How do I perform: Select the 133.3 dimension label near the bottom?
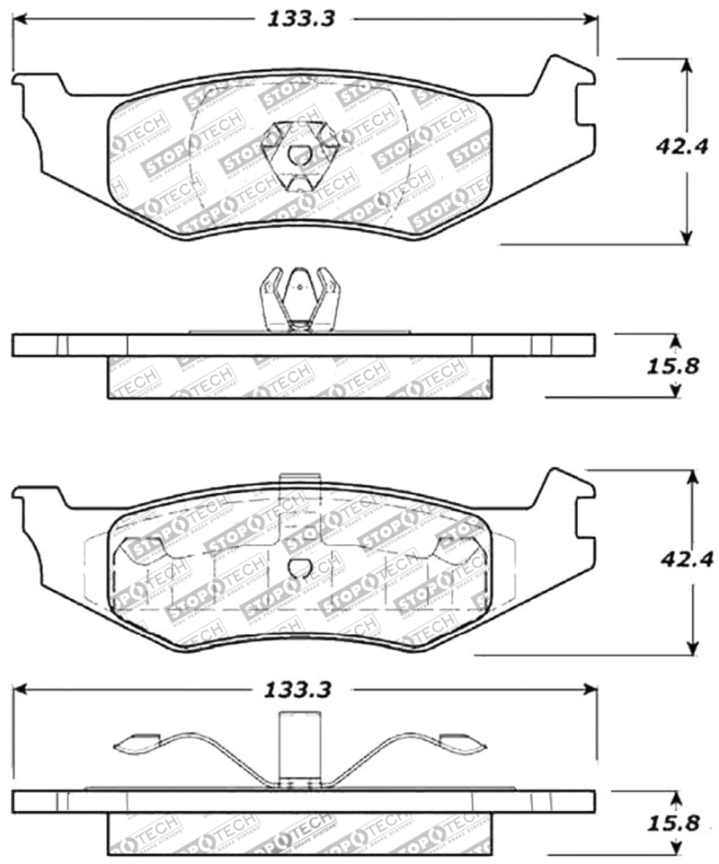[x=300, y=690]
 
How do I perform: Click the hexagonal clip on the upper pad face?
[x=300, y=154]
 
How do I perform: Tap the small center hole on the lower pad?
[x=300, y=567]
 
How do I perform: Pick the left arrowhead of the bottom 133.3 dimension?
[x=20, y=690]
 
